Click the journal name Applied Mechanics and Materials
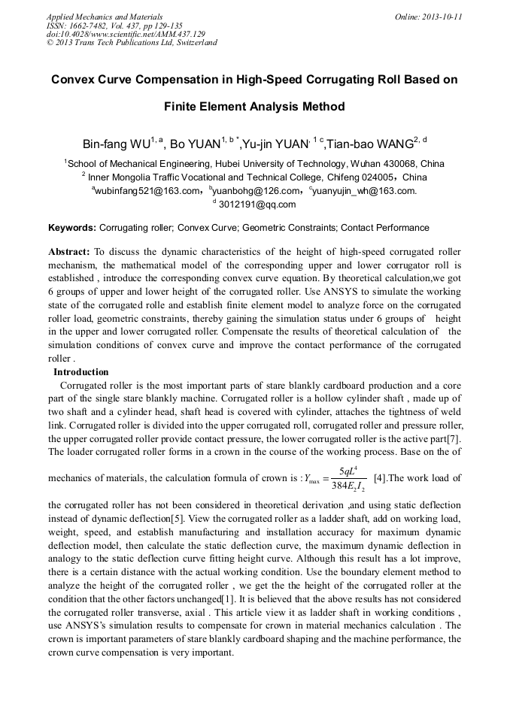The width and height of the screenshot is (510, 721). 104,17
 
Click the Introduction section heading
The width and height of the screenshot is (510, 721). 80,372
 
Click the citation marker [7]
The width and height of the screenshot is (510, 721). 454,440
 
